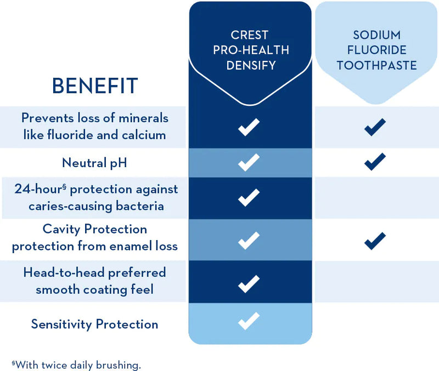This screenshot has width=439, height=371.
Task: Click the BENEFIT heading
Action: [94, 86]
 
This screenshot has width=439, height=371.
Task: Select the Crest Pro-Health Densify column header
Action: [250, 50]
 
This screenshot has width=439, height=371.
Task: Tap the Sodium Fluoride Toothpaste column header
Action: [376, 50]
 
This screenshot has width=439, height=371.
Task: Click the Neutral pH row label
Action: [94, 162]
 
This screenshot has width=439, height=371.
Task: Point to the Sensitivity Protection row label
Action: [94, 324]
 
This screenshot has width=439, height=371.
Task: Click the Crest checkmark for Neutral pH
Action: [249, 162]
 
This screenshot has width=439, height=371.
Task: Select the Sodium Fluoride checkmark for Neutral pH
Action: [375, 162]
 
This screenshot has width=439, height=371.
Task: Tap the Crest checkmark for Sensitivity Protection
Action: [249, 321]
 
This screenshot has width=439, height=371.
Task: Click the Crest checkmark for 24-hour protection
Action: [249, 197]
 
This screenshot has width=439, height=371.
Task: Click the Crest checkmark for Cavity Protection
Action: [249, 239]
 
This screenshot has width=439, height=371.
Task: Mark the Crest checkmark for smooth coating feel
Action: [249, 283]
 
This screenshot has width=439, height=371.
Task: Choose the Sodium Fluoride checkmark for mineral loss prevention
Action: [375, 127]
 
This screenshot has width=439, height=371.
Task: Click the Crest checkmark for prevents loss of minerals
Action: [249, 128]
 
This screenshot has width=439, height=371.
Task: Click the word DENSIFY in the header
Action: [250, 66]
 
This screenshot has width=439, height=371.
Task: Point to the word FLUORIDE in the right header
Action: [376, 50]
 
